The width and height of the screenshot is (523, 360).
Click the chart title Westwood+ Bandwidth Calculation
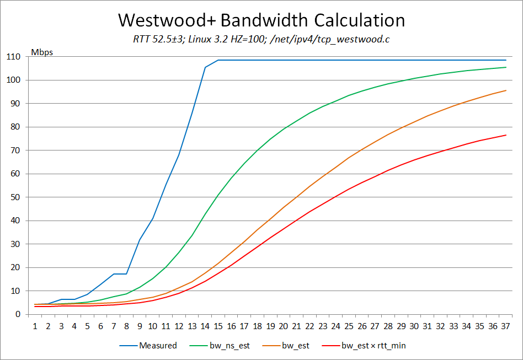(x=261, y=20)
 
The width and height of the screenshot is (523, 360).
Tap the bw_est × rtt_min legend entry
(x=373, y=346)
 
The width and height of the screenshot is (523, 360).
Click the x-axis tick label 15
(x=218, y=326)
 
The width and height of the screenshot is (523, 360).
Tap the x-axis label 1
(x=35, y=326)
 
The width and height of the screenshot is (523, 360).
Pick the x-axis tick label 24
(x=336, y=326)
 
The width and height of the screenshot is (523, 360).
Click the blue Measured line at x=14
(x=205, y=67)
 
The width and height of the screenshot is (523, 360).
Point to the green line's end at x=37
(x=506, y=67)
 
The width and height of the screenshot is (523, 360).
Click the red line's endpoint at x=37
(x=506, y=135)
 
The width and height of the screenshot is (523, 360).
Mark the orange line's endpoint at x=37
(x=506, y=90)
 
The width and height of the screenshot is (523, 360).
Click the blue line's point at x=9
(x=140, y=240)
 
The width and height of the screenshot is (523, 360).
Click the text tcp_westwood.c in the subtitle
(x=360, y=39)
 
